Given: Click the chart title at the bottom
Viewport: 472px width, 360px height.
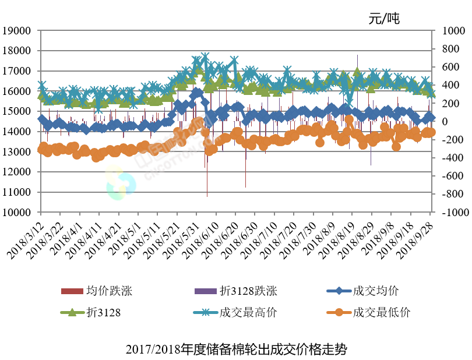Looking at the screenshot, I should pyautogui.click(x=236, y=350).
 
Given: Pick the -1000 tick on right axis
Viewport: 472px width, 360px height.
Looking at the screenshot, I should pyautogui.click(x=452, y=213).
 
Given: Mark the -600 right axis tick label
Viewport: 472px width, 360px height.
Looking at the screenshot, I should pyautogui.click(x=450, y=177).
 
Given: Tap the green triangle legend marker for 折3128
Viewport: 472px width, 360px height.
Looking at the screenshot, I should pyautogui.click(x=72, y=313).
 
